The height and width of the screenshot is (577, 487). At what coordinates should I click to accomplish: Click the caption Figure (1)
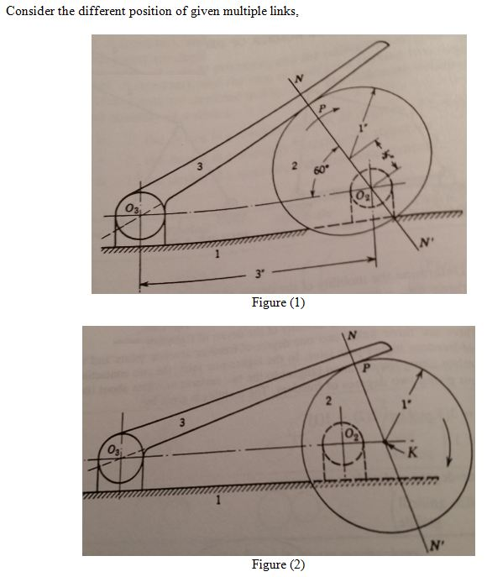(x=278, y=303)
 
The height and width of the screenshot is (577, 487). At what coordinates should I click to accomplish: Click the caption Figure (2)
(x=278, y=564)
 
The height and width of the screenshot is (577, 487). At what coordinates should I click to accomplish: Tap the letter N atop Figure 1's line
(x=297, y=79)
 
